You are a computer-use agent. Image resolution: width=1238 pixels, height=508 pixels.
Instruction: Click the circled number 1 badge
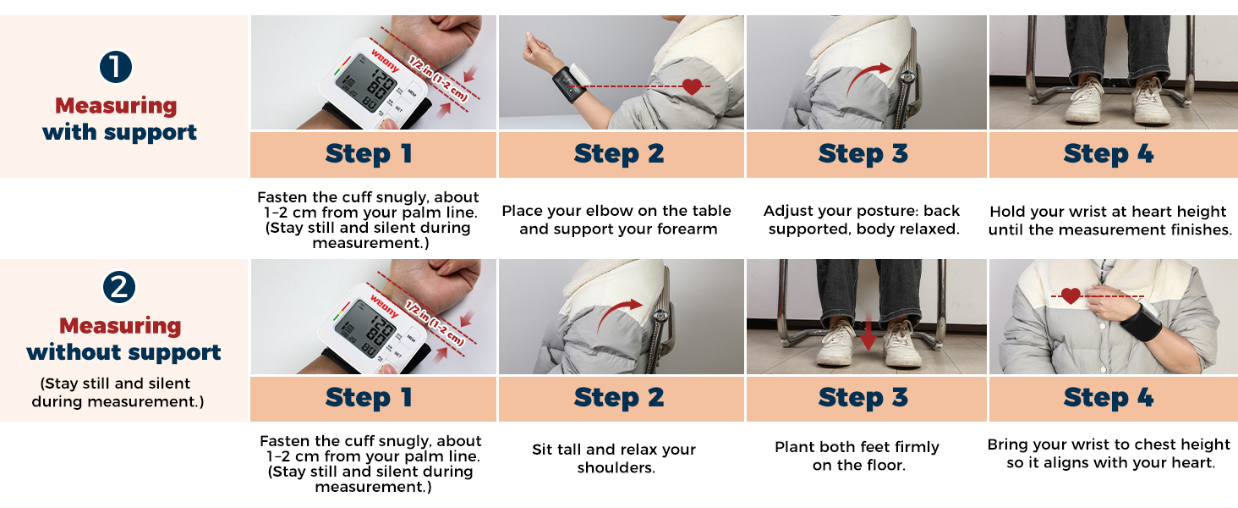click(x=116, y=68)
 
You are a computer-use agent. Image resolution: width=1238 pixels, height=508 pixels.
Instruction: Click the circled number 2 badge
click(x=119, y=288)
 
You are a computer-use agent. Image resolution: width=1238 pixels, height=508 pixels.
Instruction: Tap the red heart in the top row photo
click(x=692, y=86)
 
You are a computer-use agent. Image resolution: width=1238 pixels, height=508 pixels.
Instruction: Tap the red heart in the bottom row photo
click(x=1071, y=296)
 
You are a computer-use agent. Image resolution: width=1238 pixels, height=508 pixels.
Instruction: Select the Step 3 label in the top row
click(x=863, y=154)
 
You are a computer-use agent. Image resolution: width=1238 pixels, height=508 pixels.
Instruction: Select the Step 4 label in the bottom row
click(x=1109, y=398)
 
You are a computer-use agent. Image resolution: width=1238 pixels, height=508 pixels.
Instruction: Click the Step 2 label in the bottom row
click(x=619, y=398)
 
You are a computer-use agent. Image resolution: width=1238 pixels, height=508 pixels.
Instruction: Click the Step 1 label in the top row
click(x=370, y=154)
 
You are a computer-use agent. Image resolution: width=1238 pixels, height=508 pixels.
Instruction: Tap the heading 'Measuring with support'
click(x=118, y=119)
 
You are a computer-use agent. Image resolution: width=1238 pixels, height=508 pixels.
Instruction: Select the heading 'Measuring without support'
click(x=123, y=339)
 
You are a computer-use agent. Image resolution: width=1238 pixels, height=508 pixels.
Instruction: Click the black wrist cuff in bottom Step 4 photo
click(x=1140, y=322)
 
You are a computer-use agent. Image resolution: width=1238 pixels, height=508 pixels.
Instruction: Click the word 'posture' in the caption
click(x=860, y=211)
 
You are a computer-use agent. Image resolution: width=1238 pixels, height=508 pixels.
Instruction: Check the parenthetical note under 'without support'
click(x=118, y=393)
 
